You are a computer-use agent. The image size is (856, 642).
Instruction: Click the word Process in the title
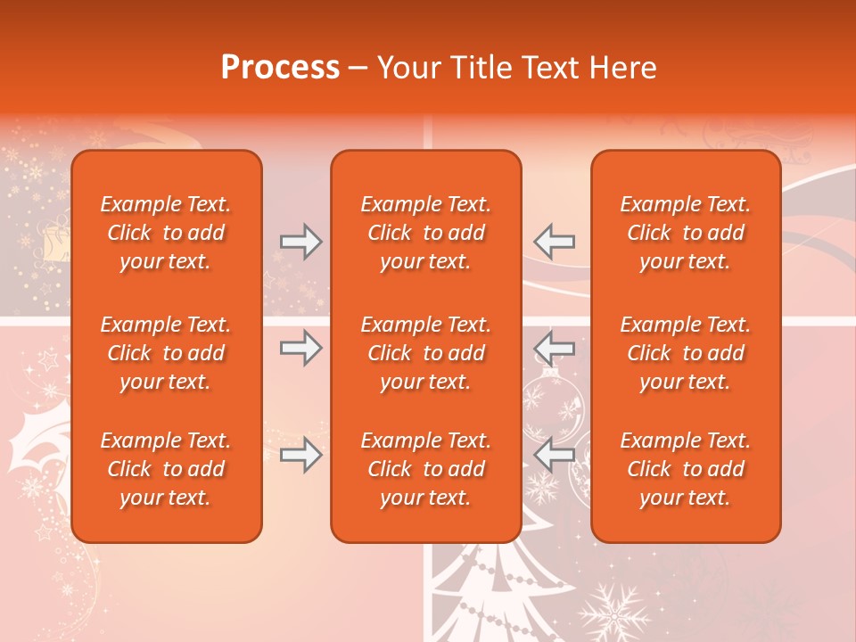(280, 68)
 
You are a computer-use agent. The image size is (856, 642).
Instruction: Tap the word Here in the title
(621, 68)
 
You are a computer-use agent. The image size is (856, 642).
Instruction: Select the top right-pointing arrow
(300, 242)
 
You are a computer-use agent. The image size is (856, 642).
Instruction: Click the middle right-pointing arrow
(300, 349)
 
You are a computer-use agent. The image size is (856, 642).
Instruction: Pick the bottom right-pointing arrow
(300, 456)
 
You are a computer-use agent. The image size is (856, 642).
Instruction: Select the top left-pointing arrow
(555, 242)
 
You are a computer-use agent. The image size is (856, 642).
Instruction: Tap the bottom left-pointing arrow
(555, 456)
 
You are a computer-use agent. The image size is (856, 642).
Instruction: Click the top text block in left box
(166, 233)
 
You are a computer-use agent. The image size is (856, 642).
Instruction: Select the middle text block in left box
(166, 353)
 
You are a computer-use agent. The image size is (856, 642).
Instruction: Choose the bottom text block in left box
(166, 469)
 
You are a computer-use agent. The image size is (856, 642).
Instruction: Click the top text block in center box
(426, 233)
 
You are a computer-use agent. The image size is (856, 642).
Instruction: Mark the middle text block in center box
(426, 353)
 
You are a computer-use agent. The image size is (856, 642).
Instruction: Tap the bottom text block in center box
(426, 469)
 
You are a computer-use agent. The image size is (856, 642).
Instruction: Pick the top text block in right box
(686, 233)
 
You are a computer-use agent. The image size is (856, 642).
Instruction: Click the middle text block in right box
(686, 353)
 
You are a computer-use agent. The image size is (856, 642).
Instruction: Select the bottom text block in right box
(686, 469)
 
